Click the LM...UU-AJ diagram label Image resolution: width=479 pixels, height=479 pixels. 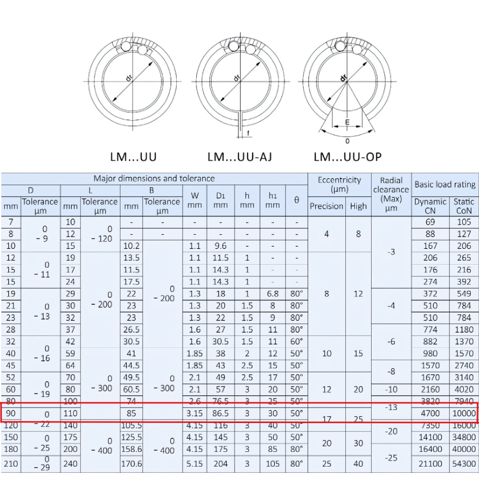(x=239, y=157)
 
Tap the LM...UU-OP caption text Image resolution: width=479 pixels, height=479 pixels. (x=348, y=157)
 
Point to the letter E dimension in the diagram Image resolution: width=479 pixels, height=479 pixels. (x=347, y=123)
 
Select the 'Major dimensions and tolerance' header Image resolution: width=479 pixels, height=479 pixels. (x=154, y=179)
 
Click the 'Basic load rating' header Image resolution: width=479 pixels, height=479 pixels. (x=445, y=184)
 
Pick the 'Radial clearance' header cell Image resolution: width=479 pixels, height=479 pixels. (x=391, y=194)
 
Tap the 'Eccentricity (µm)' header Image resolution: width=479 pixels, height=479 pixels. (x=339, y=184)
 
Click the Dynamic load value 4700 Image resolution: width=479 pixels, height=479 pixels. (x=430, y=413)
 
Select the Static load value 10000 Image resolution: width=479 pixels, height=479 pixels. (x=464, y=413)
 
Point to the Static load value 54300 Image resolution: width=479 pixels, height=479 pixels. (x=464, y=463)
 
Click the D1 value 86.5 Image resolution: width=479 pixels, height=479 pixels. (x=220, y=413)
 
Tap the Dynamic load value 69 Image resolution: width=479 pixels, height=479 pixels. (x=430, y=222)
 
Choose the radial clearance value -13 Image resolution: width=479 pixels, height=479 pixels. (x=391, y=407)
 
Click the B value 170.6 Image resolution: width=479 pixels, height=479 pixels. (x=132, y=463)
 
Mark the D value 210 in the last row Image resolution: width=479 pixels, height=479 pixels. (x=11, y=463)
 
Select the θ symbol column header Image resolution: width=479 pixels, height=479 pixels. (x=297, y=201)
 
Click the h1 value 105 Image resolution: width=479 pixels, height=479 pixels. (x=273, y=463)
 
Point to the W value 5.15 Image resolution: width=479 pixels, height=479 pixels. (x=194, y=463)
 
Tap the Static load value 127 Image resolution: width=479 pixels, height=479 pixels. (x=464, y=234)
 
